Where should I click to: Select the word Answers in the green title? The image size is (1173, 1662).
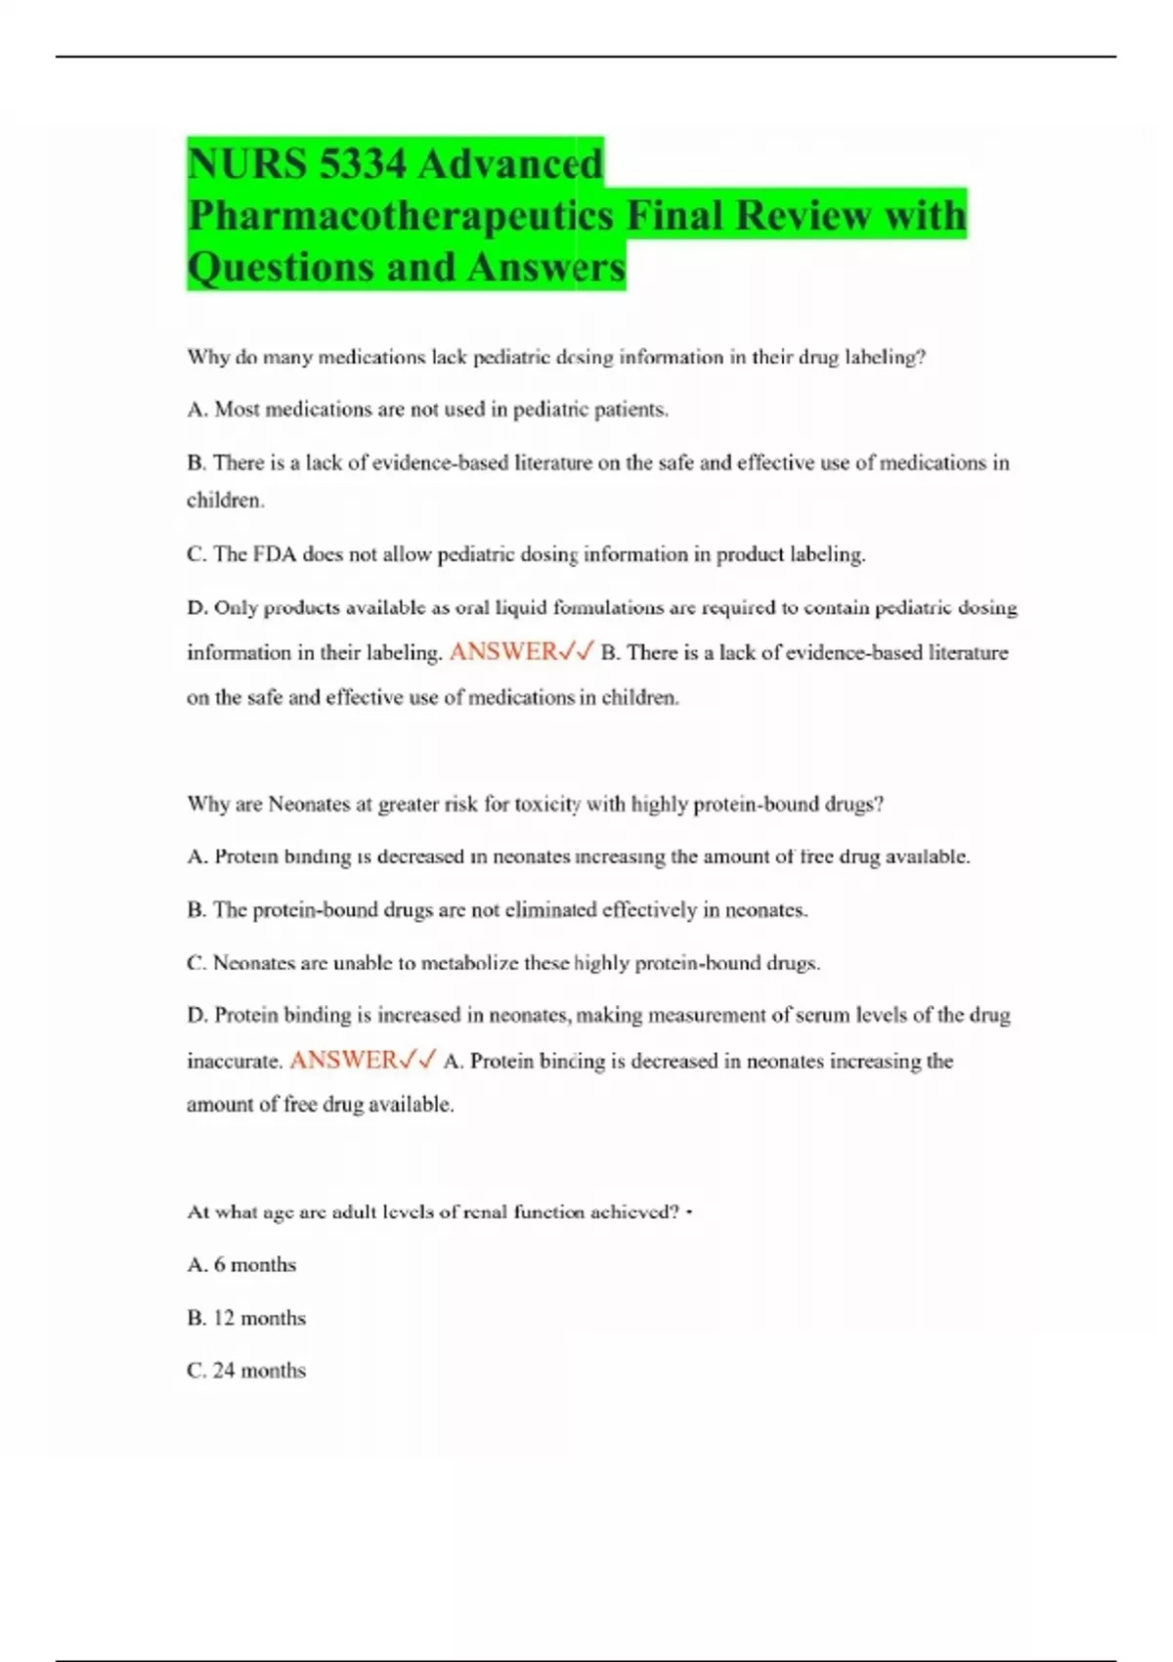(545, 267)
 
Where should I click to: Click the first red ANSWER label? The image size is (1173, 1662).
(502, 652)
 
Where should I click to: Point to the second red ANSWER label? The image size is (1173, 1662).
(343, 1060)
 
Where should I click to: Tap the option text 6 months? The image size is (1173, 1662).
(254, 1264)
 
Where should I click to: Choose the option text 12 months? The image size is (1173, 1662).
(259, 1318)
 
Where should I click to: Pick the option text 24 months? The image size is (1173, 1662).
(259, 1371)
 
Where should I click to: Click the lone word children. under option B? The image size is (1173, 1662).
(226, 501)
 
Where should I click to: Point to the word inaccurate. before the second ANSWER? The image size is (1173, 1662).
(235, 1061)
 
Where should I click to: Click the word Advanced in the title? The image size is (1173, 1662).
(510, 162)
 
